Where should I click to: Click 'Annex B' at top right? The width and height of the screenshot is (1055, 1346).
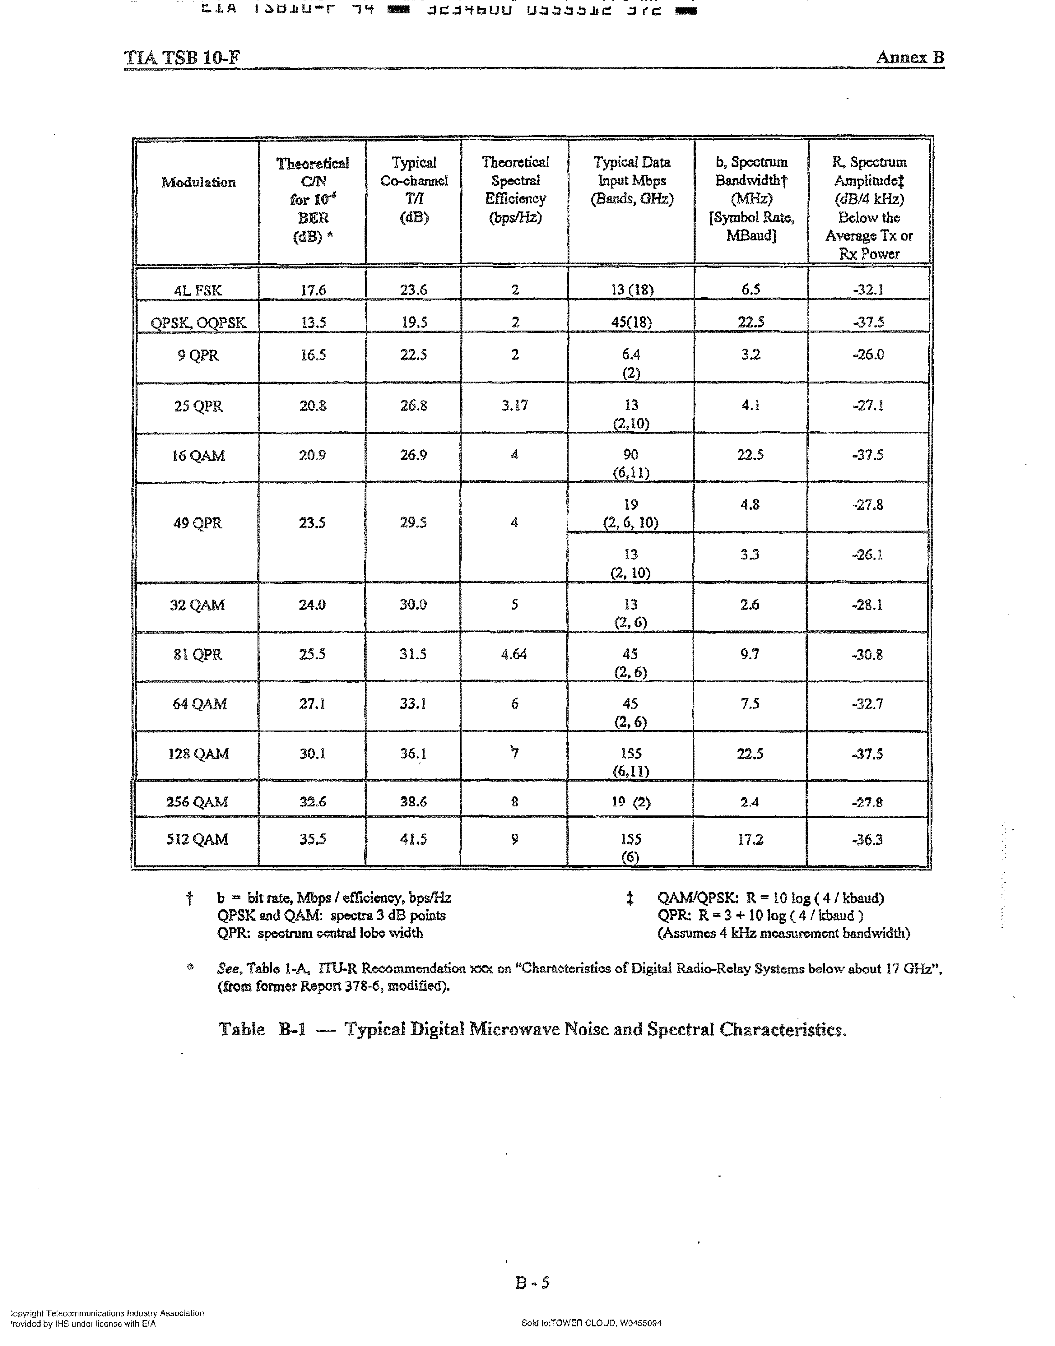click(910, 58)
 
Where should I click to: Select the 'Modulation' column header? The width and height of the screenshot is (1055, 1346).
click(198, 182)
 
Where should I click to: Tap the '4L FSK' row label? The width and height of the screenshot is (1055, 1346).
click(198, 290)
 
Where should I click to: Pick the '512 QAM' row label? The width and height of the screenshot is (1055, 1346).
click(198, 839)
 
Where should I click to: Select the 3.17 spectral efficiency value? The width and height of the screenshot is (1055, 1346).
click(514, 406)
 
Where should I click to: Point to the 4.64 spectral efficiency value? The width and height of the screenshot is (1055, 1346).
click(514, 654)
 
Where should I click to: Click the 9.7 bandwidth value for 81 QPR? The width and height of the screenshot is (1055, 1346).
click(750, 654)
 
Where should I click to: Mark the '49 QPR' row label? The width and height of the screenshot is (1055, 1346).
click(198, 523)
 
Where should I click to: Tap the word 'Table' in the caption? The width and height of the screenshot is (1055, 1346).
click(242, 1029)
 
